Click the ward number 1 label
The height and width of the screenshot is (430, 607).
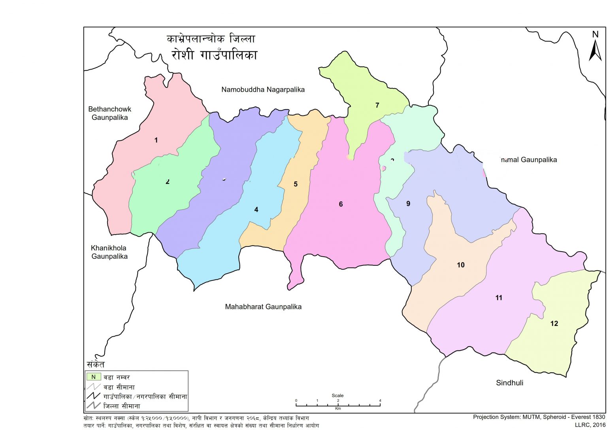click(x=156, y=140)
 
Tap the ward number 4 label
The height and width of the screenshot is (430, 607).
click(x=256, y=210)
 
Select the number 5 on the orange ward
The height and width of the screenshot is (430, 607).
click(x=296, y=184)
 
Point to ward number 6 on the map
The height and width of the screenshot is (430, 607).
click(x=341, y=204)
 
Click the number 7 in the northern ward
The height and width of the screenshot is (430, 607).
click(x=377, y=105)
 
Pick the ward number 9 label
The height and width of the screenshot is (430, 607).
click(x=408, y=204)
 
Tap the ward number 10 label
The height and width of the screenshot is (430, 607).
click(x=461, y=265)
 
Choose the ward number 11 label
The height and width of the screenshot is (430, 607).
click(x=499, y=298)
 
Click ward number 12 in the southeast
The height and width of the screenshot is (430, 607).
click(x=554, y=324)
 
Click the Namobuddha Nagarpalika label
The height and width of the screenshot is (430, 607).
click(x=263, y=90)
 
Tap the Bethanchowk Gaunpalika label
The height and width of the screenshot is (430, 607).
click(x=109, y=113)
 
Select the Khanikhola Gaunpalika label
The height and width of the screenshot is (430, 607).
click(x=109, y=252)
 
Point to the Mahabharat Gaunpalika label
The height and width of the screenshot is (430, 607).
click(x=263, y=307)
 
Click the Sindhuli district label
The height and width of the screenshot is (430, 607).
click(x=509, y=383)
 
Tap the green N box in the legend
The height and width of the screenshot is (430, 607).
click(x=94, y=377)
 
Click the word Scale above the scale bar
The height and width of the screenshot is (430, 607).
click(x=337, y=395)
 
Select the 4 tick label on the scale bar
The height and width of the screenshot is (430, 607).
click(x=380, y=401)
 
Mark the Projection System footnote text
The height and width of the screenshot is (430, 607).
click(x=539, y=417)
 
